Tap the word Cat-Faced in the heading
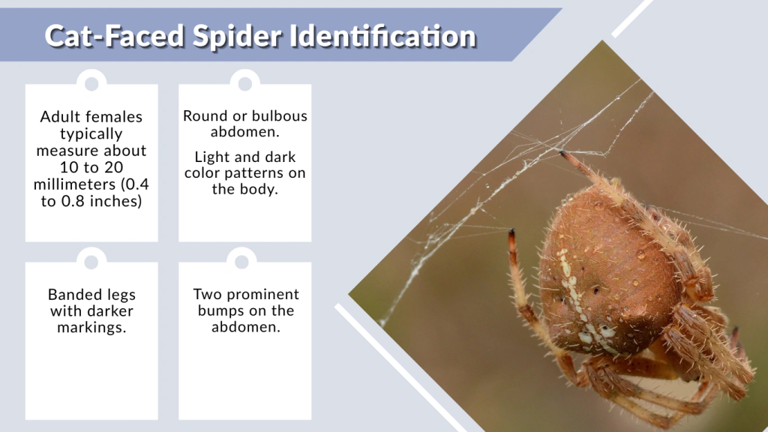[x=107, y=35]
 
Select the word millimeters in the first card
[x=80, y=184]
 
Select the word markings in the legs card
[x=91, y=328]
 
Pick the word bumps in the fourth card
[x=224, y=310]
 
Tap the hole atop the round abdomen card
[x=244, y=81]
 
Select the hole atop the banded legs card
[x=91, y=262]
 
